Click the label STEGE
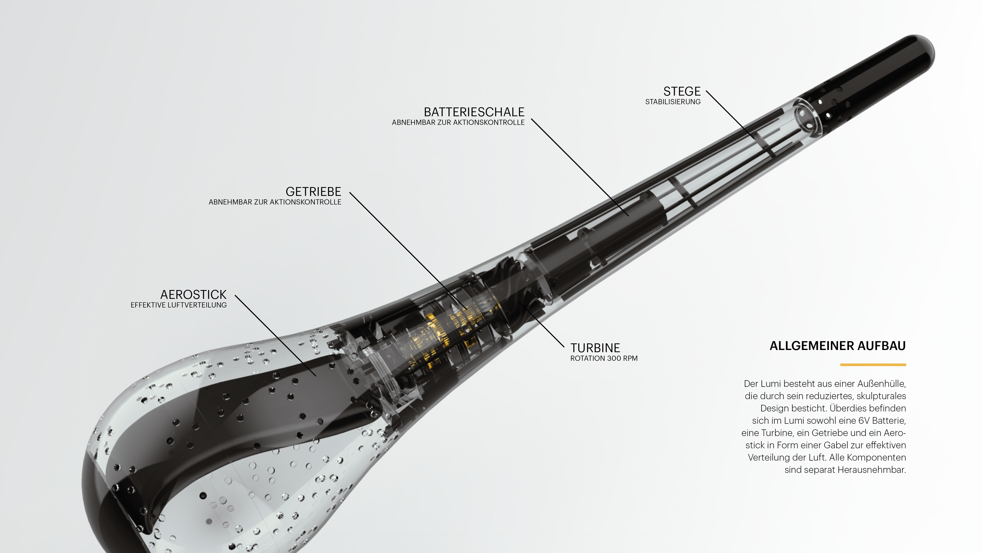pos(682,92)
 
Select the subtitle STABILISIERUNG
pos(673,102)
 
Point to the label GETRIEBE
pos(313,192)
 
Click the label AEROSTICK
pos(194,295)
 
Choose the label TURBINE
pos(595,348)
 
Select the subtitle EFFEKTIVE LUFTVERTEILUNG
pos(179,305)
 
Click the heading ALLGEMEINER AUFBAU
pos(838,346)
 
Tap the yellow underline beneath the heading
pos(873,365)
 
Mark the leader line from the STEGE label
pos(730,115)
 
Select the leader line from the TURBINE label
pos(541,325)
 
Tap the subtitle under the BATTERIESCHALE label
pos(458,123)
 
